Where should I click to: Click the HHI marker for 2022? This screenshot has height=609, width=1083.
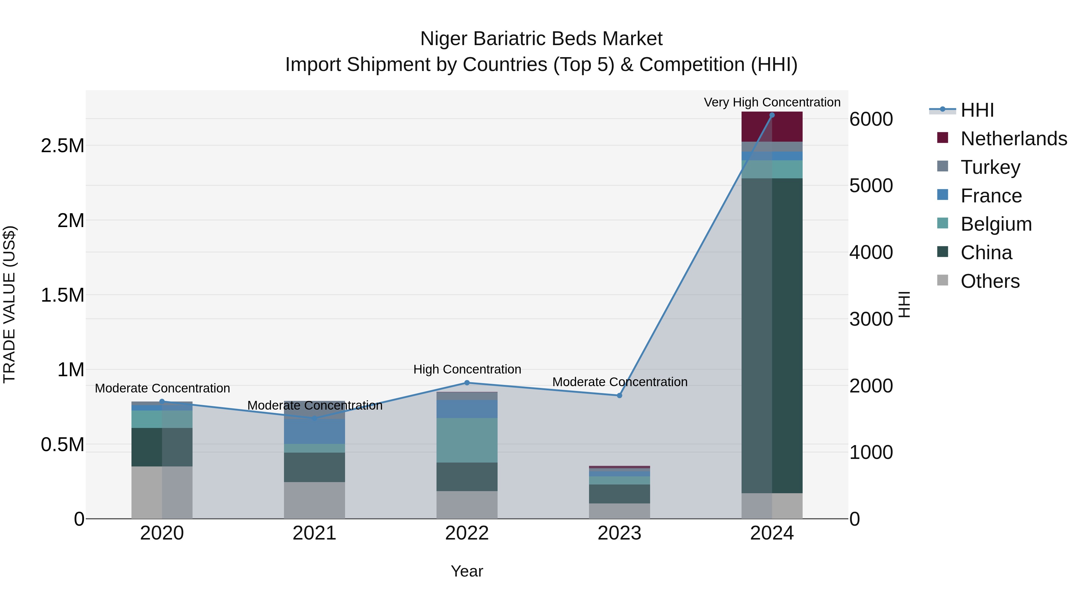point(467,383)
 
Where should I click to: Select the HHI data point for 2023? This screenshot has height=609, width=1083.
point(619,395)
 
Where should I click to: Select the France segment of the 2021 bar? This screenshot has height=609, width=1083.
point(314,432)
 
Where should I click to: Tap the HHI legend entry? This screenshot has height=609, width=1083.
point(963,110)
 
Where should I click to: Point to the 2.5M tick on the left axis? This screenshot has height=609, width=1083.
point(62,146)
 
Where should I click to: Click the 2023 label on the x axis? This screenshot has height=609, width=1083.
point(619,533)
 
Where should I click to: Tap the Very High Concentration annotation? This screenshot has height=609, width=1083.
point(772,102)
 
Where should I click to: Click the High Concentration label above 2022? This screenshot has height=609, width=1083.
point(467,369)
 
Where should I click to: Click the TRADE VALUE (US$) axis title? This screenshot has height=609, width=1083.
point(10,304)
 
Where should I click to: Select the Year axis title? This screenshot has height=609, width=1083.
point(467,571)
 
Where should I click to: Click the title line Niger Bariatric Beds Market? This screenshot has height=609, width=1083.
point(541,39)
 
